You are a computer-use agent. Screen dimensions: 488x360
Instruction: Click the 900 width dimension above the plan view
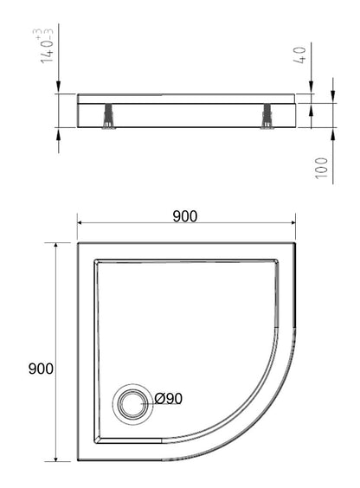click(184, 216)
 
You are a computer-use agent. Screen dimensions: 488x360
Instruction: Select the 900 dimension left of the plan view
click(41, 369)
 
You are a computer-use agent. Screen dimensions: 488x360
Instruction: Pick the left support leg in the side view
click(108, 117)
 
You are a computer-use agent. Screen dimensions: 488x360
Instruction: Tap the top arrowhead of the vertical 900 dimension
click(57, 247)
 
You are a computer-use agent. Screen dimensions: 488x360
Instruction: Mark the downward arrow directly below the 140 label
click(57, 87)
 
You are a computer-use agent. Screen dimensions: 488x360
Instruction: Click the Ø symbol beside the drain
click(159, 399)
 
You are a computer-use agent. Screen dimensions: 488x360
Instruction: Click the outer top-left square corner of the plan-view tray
click(78, 242)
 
